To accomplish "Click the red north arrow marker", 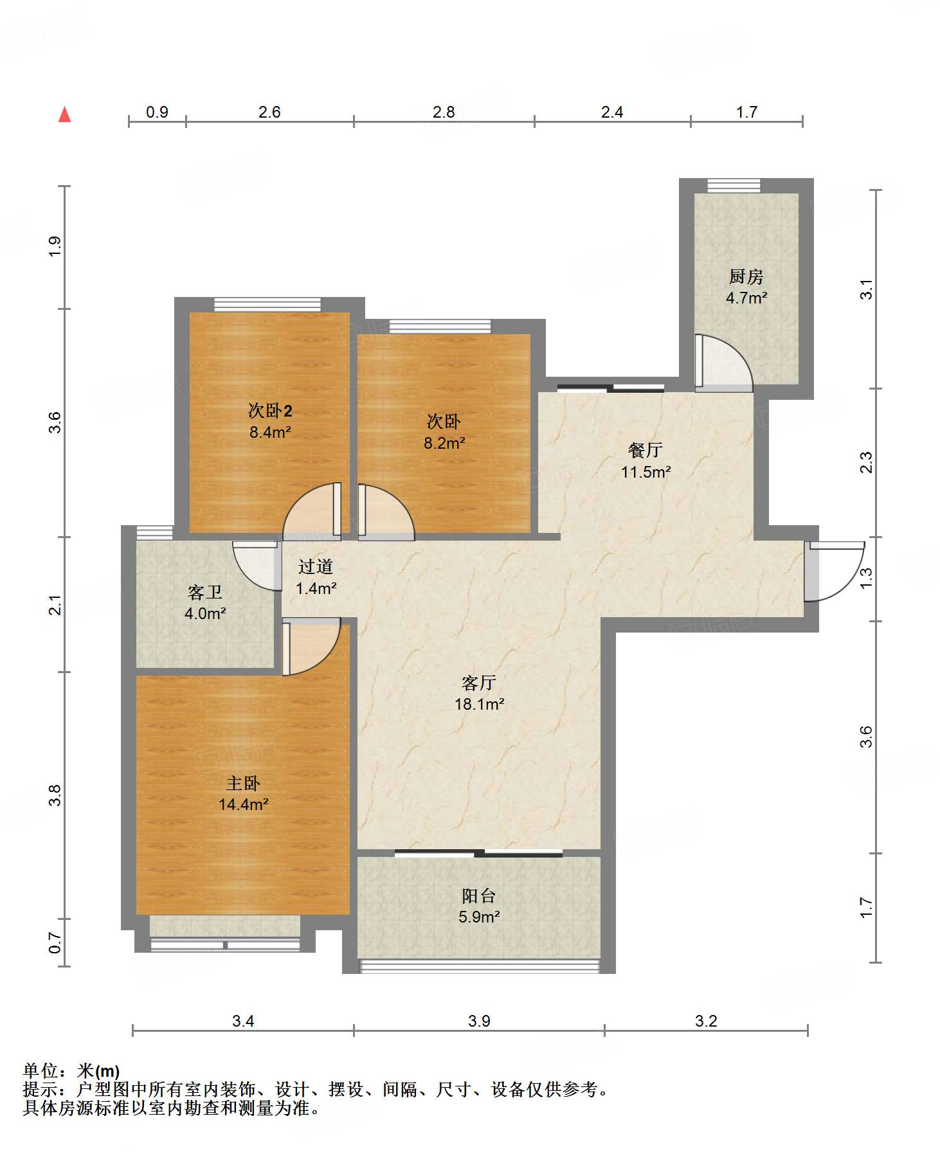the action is tap(64, 114).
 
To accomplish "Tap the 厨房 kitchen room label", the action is tap(746, 277).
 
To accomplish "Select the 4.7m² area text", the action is tap(746, 298).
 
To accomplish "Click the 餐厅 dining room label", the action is tap(646, 450).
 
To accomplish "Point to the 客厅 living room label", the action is tap(479, 683).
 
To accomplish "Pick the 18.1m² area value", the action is tap(479, 704).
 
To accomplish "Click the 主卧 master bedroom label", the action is tap(243, 783).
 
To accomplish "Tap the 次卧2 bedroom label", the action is tap(270, 410).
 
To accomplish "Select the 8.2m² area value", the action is tap(444, 443).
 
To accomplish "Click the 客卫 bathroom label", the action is tap(204, 592).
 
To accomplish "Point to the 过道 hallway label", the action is tap(316, 566).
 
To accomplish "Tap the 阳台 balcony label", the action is tap(479, 896).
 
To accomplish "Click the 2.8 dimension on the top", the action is tap(444, 113).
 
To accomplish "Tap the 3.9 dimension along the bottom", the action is tap(479, 1021).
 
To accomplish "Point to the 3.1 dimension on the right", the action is tap(866, 289).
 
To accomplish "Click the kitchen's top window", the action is tap(734, 186).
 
